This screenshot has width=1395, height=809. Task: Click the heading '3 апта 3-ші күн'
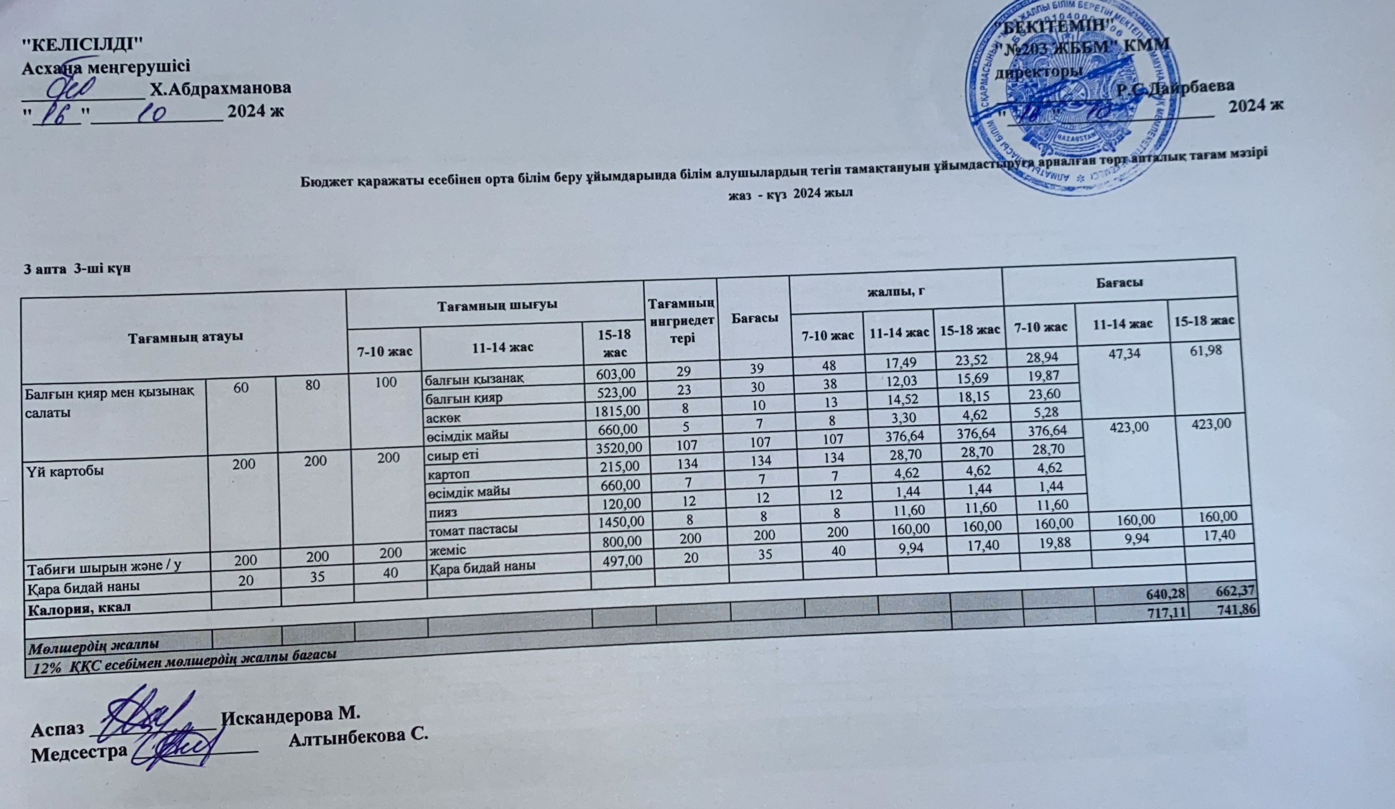[77, 269]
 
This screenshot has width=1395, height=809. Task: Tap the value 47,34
[1126, 353]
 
